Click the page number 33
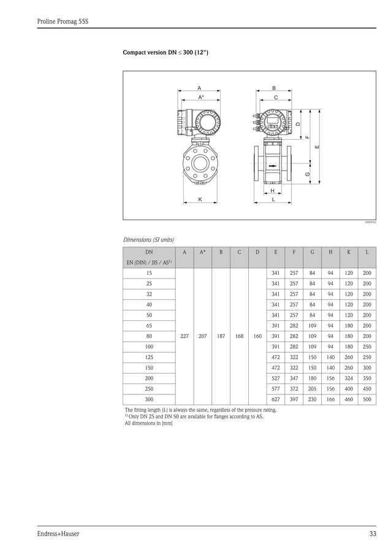click(x=373, y=534)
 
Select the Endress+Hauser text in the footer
click(x=58, y=534)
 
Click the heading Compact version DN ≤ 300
click(x=165, y=53)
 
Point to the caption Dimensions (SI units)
click(x=149, y=239)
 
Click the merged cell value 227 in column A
click(x=184, y=336)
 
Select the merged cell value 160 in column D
click(x=257, y=336)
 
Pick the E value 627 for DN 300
click(x=275, y=399)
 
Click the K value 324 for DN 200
click(x=348, y=378)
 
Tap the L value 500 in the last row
click(x=366, y=399)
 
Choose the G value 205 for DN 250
click(x=312, y=389)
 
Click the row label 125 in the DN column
click(x=149, y=357)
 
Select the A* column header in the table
click(x=203, y=252)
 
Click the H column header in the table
click(x=330, y=252)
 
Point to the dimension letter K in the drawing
click(x=200, y=199)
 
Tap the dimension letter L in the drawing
click(x=273, y=199)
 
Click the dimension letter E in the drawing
click(x=317, y=147)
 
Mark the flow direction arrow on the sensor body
click(x=272, y=165)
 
